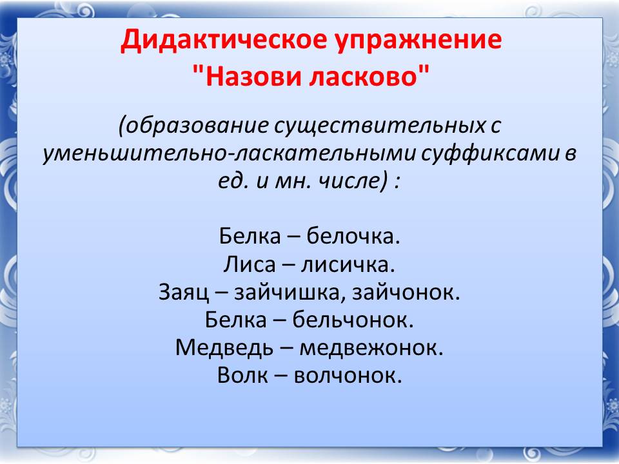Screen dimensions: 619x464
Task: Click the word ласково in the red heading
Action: (x=363, y=76)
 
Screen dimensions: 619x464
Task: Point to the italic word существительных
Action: (x=379, y=126)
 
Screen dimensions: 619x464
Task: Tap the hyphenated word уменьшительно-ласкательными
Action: (x=230, y=153)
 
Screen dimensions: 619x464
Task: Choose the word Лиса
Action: (x=250, y=264)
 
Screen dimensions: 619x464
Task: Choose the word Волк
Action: (x=242, y=375)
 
